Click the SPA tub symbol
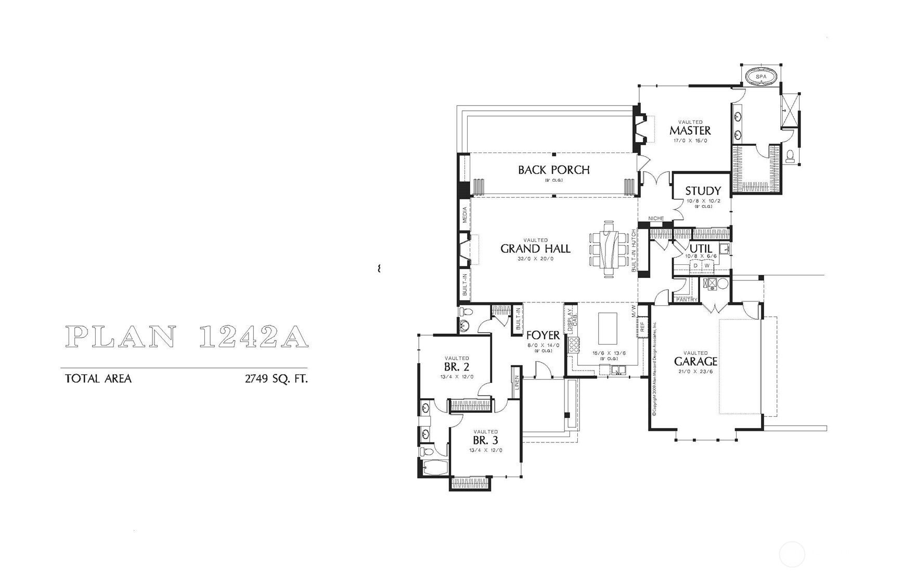click(760, 76)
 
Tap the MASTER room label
click(690, 130)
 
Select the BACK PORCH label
click(553, 170)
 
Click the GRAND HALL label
click(535, 249)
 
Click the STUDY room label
click(703, 191)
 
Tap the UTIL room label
click(701, 249)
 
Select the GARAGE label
click(695, 361)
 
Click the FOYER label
click(543, 336)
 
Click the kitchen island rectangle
click(608, 328)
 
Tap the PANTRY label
click(686, 300)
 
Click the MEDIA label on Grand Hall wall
click(464, 214)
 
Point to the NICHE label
click(656, 219)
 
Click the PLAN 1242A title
click(188, 337)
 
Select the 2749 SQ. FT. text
click(276, 379)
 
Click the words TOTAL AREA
click(98, 379)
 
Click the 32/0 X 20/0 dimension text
click(535, 259)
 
